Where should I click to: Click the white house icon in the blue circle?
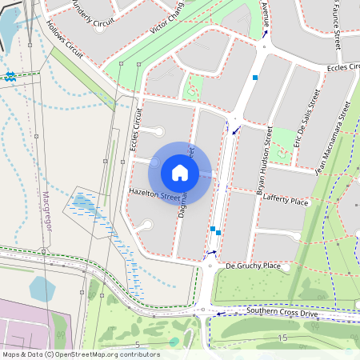[x=180, y=172]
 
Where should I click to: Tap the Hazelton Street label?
[x=154, y=194]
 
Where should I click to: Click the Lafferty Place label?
[x=285, y=202]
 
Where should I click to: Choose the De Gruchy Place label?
[x=253, y=265]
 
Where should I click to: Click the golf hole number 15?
[x=282, y=338]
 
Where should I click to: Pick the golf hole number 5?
[x=137, y=344]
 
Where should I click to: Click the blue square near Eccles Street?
[x=255, y=77]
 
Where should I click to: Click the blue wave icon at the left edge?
[x=10, y=76]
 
